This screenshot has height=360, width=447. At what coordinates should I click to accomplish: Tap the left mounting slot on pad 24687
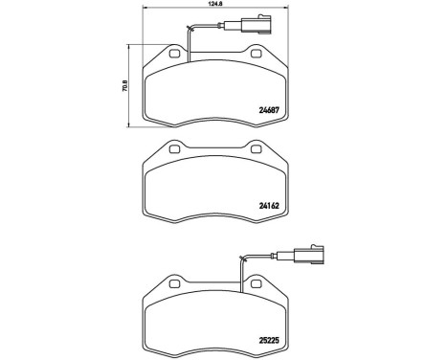pos(173,55)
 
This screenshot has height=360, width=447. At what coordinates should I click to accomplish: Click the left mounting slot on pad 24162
pos(173,151)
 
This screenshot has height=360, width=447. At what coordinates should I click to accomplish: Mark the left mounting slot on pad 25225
pos(173,284)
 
